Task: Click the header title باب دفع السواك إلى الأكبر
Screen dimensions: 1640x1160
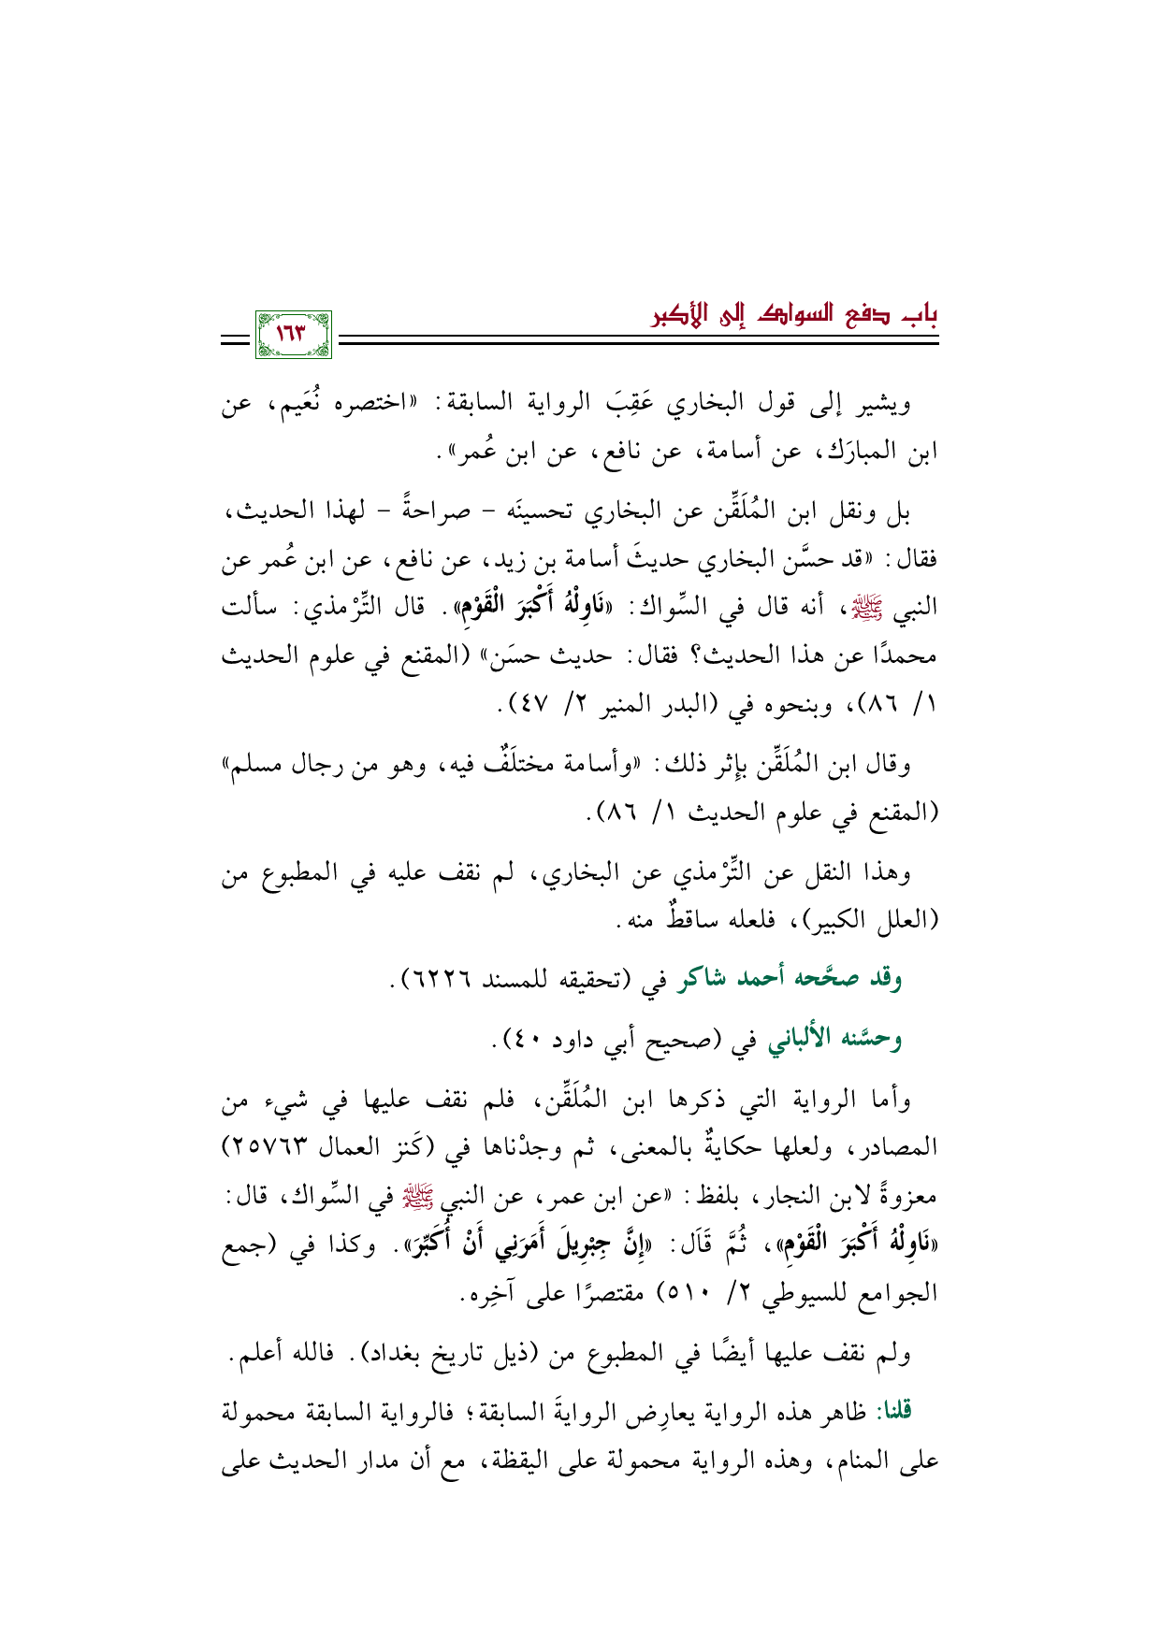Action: pyautogui.click(x=794, y=312)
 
